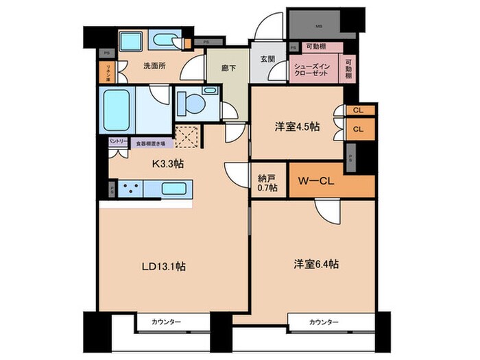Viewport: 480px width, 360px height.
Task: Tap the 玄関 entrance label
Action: [x=267, y=59]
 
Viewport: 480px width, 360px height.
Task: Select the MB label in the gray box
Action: [x=319, y=27]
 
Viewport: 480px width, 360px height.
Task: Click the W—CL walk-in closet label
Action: [x=317, y=182]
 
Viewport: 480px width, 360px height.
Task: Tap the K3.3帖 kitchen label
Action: [x=167, y=164]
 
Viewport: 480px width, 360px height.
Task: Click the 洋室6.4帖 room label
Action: [x=311, y=263]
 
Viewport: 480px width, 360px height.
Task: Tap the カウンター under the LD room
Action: [x=163, y=322]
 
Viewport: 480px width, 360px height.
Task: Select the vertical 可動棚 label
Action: [x=348, y=67]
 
